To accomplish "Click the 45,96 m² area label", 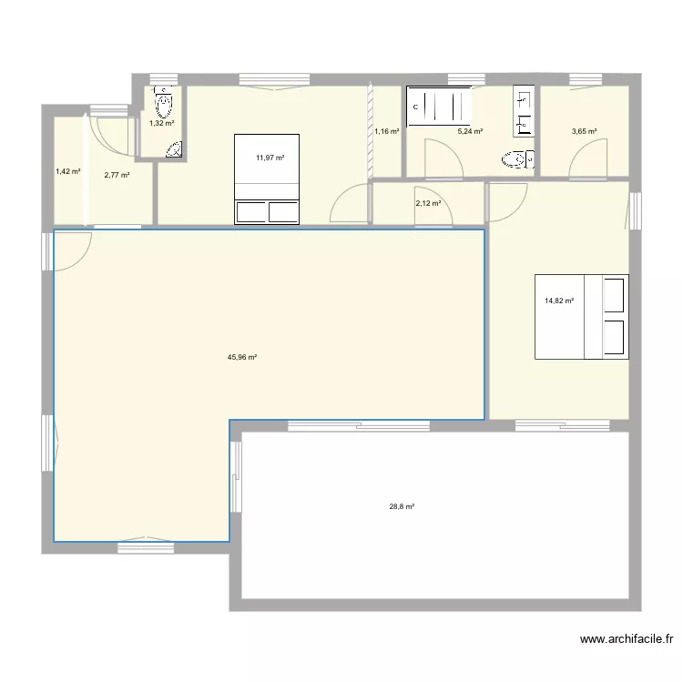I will (241, 358).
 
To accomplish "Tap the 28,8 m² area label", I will (402, 507).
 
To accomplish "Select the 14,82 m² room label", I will (559, 300).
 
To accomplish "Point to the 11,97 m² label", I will (270, 158).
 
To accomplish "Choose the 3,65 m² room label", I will (584, 132).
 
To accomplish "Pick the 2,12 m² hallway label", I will (428, 204).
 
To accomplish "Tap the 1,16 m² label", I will (387, 132).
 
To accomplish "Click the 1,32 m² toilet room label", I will (162, 123).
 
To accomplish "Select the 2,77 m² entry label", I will (117, 175).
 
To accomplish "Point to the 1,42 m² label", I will (67, 171).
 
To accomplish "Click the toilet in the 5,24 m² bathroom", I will (516, 161).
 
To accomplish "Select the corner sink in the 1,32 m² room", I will (175, 150).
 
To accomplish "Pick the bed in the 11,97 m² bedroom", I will (267, 179).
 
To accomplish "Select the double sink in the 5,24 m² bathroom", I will (524, 110).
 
